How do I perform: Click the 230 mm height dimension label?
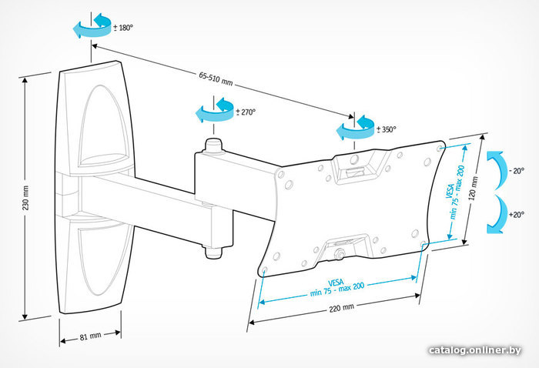[25, 198]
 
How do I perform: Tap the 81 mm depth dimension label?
[91, 336]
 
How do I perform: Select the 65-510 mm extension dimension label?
[215, 77]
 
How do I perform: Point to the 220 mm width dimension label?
[338, 306]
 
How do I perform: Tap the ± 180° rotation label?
[122, 28]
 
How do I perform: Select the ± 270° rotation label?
[244, 112]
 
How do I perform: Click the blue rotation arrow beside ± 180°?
[91, 28]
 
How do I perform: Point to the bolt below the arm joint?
[213, 250]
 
